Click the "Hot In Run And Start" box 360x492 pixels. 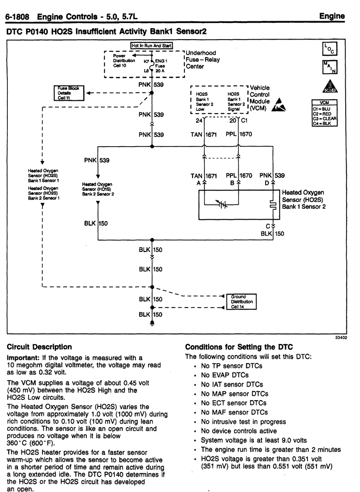pyautogui.click(x=152, y=46)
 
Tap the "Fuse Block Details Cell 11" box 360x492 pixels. pyautogui.click(x=69, y=93)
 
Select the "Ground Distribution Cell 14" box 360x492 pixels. pyautogui.click(x=241, y=301)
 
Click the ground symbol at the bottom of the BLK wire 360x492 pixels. pyautogui.click(x=152, y=324)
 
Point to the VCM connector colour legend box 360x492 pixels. pyautogui.click(x=324, y=113)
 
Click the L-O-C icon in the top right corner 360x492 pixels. pyautogui.click(x=330, y=49)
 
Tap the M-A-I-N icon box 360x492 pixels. pyautogui.click(x=330, y=67)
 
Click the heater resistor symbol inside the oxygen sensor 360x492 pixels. pyautogui.click(x=273, y=205)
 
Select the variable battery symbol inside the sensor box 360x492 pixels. pyautogui.click(x=222, y=204)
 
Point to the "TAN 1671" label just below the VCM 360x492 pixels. pyautogui.click(x=203, y=134)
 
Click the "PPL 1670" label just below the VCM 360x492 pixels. pyautogui.click(x=239, y=134)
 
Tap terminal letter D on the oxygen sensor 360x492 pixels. pyautogui.click(x=267, y=183)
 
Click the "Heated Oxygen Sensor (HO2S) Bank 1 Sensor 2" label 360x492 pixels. pyautogui.click(x=303, y=200)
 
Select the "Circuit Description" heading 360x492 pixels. pyautogui.click(x=39, y=347)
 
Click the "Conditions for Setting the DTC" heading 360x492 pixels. pyautogui.click(x=239, y=347)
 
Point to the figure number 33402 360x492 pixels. pyautogui.click(x=341, y=337)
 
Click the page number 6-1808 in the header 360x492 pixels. pyautogui.click(x=17, y=17)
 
